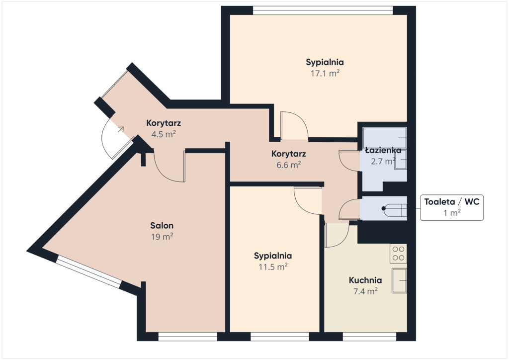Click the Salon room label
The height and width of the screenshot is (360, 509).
162,225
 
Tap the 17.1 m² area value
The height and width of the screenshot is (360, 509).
325,73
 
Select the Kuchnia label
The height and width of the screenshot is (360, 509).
365,280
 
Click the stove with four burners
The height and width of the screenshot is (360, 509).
398,254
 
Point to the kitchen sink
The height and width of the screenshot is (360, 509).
399,280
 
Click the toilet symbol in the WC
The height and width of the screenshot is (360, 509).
394,208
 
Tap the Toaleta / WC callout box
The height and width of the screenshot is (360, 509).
451,207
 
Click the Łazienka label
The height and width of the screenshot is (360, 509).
383,150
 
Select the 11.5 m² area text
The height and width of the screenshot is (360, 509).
273,267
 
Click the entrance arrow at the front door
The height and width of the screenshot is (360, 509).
121,129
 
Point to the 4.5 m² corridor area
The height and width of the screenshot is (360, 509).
164,134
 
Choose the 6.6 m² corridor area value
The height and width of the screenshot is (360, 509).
289,165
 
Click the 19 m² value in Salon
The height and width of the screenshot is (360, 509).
162,237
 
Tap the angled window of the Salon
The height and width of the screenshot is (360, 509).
88,271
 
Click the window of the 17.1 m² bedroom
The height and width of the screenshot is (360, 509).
323,10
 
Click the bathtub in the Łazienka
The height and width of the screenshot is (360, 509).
385,138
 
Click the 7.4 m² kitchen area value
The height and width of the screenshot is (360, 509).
365,291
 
